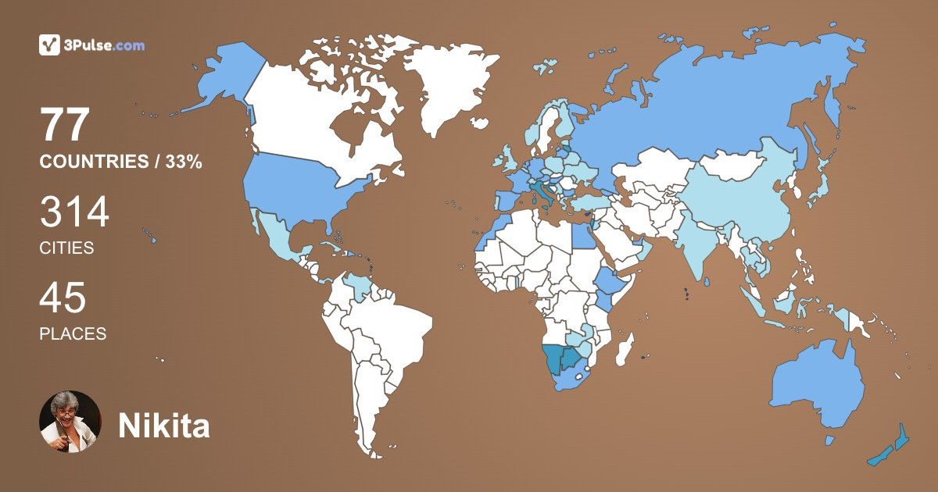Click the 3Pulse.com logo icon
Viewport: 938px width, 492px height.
click(50, 45)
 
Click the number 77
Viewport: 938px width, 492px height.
click(66, 125)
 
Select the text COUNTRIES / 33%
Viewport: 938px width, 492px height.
click(121, 162)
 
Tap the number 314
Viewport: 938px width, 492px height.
click(74, 212)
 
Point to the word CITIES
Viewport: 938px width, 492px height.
click(66, 248)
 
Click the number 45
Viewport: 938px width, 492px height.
click(63, 298)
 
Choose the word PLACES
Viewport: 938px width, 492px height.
click(73, 334)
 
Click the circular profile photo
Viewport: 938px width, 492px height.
click(70, 422)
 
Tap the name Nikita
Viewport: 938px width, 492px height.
click(163, 426)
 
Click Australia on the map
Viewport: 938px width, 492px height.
click(817, 383)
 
